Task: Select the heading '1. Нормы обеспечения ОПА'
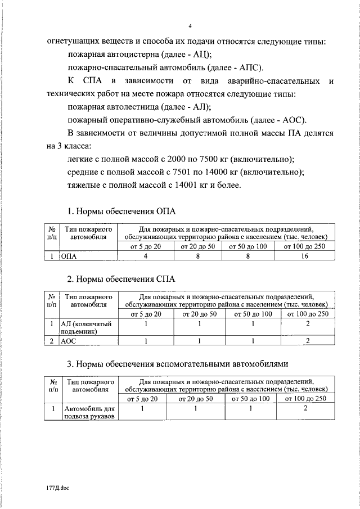pyautogui.click(x=121, y=211)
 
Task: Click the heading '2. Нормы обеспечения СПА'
pyautogui.click(x=121, y=278)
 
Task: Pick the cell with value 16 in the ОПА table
pyautogui.click(x=304, y=256)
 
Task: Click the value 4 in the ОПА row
pyautogui.click(x=146, y=256)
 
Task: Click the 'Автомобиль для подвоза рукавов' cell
pyautogui.click(x=88, y=412)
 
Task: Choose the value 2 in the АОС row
pyautogui.click(x=307, y=341)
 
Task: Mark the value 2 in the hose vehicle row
pyautogui.click(x=305, y=409)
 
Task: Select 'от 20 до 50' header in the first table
pyautogui.click(x=198, y=246)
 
